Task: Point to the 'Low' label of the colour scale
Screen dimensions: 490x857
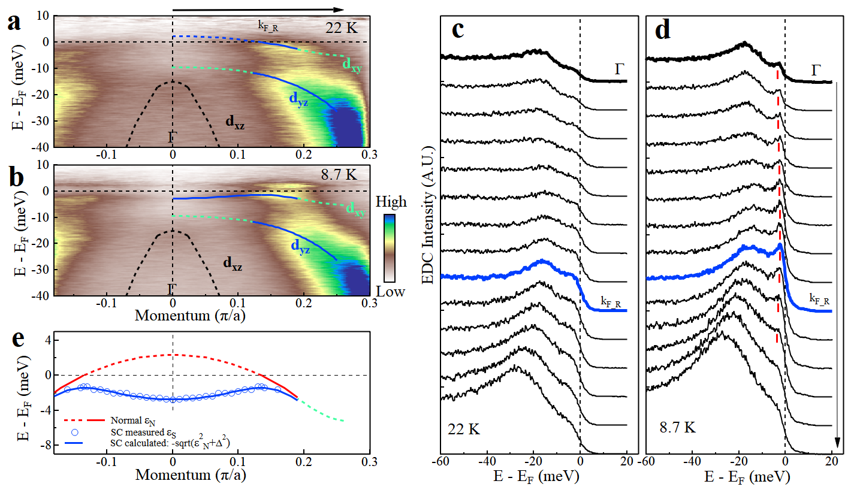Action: [393, 292]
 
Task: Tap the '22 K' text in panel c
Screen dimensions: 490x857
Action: [464, 429]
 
